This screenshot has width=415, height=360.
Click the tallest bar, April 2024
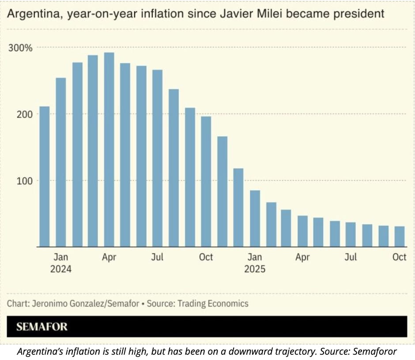click(109, 150)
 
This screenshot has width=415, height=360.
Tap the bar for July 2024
click(157, 158)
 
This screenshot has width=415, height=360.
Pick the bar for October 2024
click(206, 181)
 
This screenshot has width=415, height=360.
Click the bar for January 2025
click(254, 218)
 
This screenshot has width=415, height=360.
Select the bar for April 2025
click(302, 231)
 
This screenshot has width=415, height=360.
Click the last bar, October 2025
click(399, 236)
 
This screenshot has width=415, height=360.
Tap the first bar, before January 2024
click(45, 176)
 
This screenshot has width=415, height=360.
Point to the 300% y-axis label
click(21, 48)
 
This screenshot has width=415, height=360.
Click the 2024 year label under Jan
click(61, 269)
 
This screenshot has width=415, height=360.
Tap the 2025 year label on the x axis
click(255, 269)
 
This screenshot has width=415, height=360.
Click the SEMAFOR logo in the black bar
click(42, 327)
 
